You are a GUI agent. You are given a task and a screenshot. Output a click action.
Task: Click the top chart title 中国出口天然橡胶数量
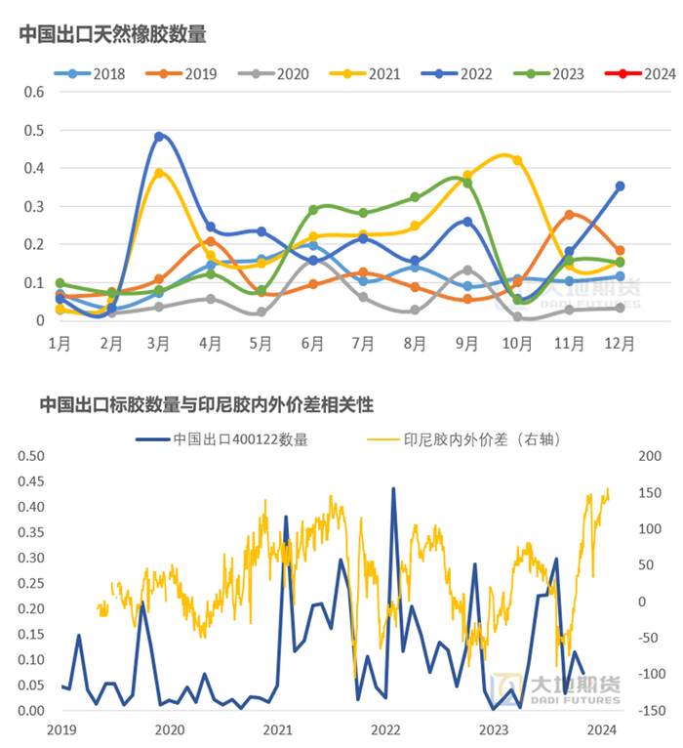(112, 34)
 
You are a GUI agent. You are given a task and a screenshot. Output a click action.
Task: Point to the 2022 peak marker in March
(159, 137)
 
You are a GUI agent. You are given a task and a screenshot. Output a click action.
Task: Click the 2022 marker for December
(620, 186)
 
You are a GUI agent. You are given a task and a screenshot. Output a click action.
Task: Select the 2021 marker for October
(517, 160)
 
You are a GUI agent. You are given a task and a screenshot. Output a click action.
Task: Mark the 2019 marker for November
(569, 215)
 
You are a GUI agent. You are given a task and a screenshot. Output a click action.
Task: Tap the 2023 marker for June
(313, 210)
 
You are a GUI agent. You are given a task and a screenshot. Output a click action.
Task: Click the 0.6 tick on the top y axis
(35, 92)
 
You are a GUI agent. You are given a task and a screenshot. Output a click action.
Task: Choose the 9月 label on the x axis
(466, 343)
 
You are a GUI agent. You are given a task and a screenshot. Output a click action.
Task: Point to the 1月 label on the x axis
(60, 343)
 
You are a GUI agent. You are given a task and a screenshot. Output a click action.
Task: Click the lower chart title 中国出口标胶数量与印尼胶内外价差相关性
(206, 403)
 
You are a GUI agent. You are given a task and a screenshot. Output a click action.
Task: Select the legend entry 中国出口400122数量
(240, 438)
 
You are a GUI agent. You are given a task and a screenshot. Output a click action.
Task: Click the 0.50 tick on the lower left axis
(33, 456)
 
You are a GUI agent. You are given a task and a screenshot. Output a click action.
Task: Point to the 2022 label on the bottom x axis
(386, 729)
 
